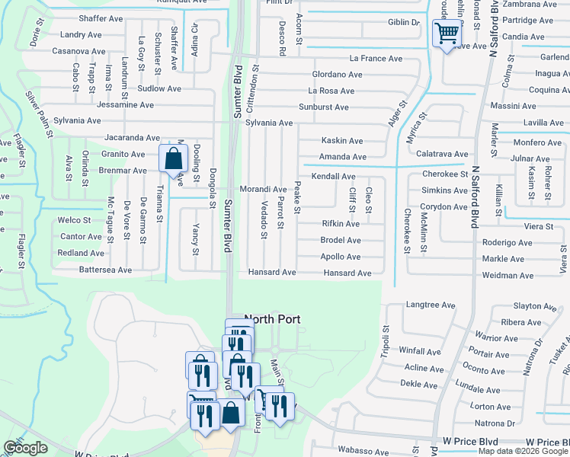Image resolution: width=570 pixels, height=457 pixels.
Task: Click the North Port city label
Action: (x=272, y=320)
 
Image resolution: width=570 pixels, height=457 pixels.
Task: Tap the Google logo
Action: (x=25, y=448)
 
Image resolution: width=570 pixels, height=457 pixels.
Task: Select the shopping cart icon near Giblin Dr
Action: (x=446, y=33)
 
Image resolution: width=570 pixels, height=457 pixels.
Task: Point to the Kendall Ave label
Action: (x=333, y=177)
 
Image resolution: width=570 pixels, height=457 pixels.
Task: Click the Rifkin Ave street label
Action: (x=341, y=224)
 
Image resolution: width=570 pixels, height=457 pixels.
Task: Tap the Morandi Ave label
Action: (x=263, y=189)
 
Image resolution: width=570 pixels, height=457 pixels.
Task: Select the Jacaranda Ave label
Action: (x=133, y=138)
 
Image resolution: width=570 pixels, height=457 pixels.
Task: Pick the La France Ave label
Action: (x=376, y=59)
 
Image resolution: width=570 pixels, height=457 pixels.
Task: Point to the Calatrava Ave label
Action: (x=441, y=154)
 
